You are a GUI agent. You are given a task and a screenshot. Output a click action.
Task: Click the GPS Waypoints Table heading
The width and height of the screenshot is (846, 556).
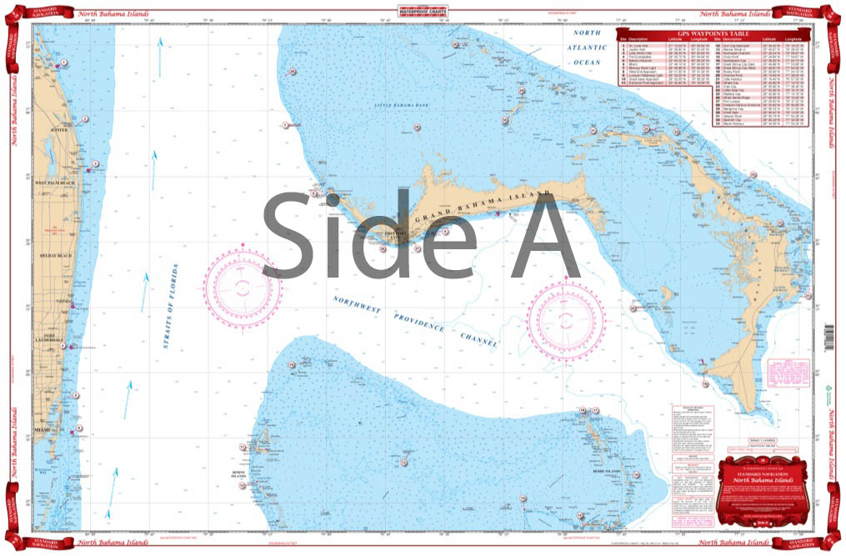point(713,33)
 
